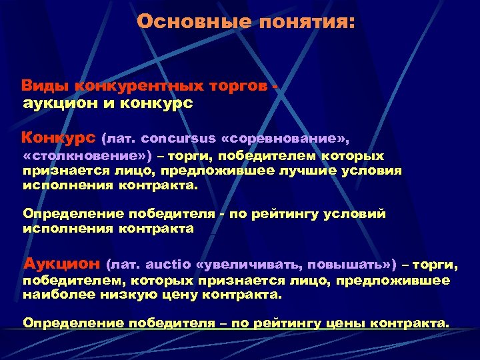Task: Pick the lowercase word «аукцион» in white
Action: click(x=57, y=103)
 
